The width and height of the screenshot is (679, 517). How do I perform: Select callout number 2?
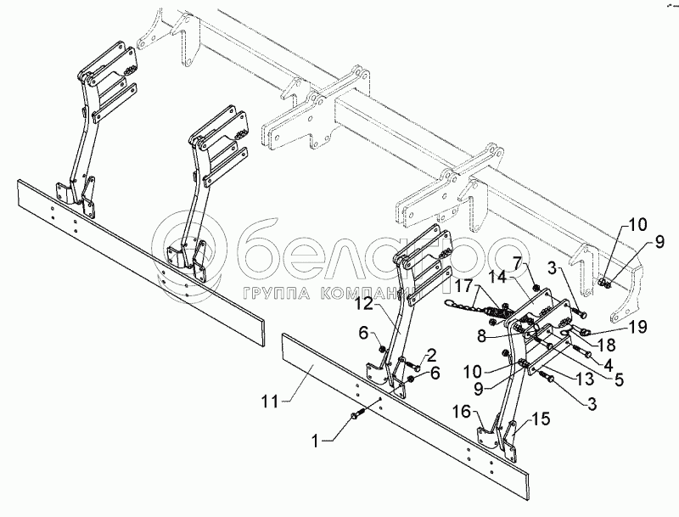pyautogui.click(x=431, y=354)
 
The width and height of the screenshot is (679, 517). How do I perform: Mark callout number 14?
pyautogui.click(x=497, y=277)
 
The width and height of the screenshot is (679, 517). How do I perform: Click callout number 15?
pyautogui.click(x=542, y=419)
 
